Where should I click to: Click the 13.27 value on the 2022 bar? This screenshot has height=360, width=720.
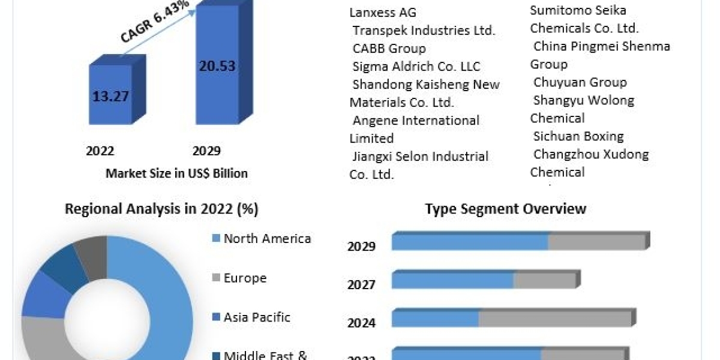[x=110, y=96]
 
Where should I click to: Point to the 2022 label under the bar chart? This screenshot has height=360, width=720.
[x=100, y=151]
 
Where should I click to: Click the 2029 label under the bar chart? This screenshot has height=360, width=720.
[x=206, y=151]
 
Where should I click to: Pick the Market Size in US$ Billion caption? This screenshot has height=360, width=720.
[x=176, y=173]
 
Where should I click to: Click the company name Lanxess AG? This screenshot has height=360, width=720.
[x=383, y=13]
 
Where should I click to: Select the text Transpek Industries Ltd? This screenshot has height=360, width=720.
[x=424, y=31]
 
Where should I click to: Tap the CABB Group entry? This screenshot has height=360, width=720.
[x=389, y=49]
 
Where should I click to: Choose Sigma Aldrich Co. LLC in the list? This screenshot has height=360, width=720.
[x=416, y=67]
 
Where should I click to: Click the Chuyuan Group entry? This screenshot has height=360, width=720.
[x=580, y=82]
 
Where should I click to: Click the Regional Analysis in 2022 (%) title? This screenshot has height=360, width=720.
[x=161, y=209]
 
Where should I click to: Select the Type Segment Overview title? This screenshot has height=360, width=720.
[x=505, y=209]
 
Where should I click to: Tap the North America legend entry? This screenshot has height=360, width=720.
[x=267, y=239]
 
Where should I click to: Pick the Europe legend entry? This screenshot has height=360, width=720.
[x=245, y=278]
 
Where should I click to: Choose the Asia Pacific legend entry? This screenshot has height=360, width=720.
[x=257, y=317]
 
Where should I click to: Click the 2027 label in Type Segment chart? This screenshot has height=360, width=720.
[x=361, y=284]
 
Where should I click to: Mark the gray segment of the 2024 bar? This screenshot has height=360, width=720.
[x=555, y=319]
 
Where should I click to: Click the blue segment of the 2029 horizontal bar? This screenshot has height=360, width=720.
[x=470, y=242]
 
